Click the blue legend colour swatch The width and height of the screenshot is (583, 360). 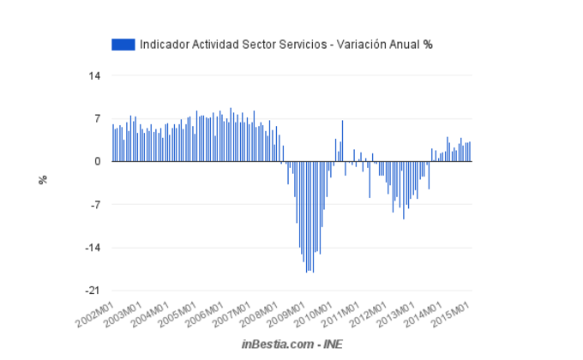coord(123,44)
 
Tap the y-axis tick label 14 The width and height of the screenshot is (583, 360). coord(95,75)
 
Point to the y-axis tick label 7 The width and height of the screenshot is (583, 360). coord(98,118)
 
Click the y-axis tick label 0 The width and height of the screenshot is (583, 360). coord(98,161)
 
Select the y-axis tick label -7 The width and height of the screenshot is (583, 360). coord(95,205)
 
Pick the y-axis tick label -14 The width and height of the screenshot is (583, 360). coord(93,248)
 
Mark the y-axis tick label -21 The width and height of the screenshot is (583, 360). coord(93,291)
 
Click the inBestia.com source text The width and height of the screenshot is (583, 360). coord(275,344)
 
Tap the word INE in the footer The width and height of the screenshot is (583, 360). coord(332,344)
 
